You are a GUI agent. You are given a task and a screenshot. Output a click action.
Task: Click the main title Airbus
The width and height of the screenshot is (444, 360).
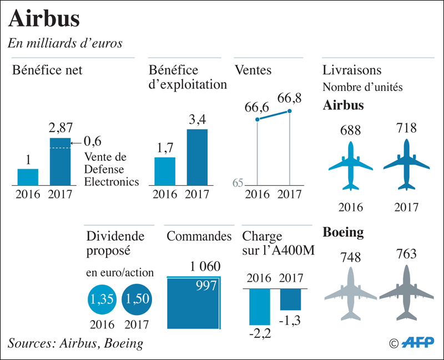[44, 19]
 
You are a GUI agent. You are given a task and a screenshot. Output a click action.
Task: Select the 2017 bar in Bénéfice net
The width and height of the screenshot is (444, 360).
[60, 161]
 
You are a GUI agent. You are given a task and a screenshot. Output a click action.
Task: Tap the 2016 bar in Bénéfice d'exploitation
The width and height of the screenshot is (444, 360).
[165, 170]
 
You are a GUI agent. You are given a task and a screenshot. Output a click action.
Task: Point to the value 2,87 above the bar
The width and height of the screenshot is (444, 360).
[60, 128]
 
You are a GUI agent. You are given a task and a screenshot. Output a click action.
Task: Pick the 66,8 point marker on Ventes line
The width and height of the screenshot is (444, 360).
[289, 111]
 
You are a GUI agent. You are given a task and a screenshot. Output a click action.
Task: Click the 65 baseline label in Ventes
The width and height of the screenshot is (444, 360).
[238, 182]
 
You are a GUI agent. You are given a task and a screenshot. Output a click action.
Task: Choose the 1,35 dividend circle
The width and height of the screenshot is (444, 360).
[102, 300]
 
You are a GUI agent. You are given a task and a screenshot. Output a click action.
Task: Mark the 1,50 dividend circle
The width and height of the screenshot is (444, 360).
[137, 300]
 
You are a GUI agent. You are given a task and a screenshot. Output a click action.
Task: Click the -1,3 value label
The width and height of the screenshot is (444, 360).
[291, 321]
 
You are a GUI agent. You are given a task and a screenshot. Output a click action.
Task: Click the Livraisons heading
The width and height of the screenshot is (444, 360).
[351, 70]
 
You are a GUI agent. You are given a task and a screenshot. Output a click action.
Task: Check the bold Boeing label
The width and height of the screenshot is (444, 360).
[343, 232]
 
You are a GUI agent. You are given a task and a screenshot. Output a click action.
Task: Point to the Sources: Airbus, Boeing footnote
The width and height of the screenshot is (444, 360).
[75, 343]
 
